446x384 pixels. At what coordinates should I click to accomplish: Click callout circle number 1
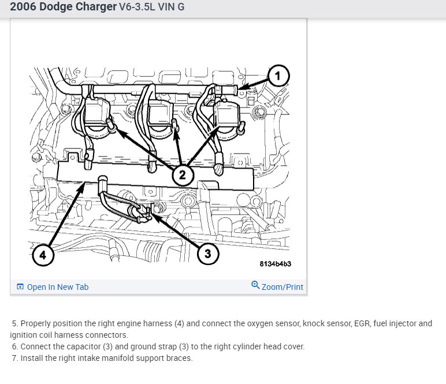[x=278, y=76]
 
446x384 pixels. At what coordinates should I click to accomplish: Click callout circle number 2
[x=183, y=175]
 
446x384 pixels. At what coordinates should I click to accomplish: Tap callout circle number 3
[x=208, y=253]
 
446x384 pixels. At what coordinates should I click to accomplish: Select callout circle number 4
[x=43, y=255]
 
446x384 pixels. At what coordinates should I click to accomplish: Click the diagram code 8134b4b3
[x=276, y=264]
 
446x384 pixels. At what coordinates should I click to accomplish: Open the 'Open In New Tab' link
[x=58, y=287]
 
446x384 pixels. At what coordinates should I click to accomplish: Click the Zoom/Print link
[x=282, y=287]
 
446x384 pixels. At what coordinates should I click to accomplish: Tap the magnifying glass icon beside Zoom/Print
[x=255, y=285]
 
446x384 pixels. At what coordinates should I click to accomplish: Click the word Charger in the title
[x=96, y=6]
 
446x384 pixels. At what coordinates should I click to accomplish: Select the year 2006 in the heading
[x=23, y=6]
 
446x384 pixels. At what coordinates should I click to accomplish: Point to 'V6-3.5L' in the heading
[x=137, y=6]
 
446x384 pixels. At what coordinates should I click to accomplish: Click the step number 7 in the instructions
[x=14, y=358]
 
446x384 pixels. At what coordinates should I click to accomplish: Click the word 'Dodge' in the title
[x=55, y=7]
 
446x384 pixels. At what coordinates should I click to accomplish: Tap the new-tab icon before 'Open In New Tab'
[x=20, y=286]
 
